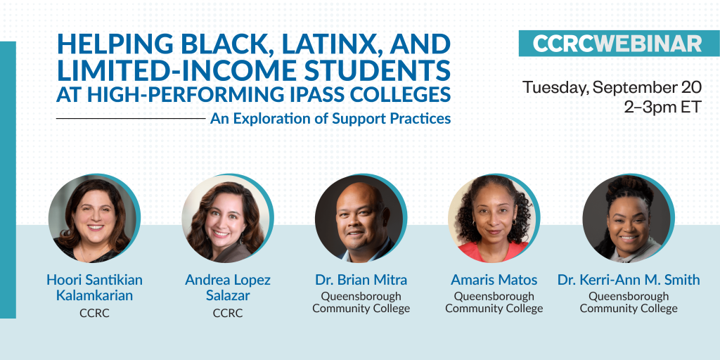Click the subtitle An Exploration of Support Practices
coord(330,118)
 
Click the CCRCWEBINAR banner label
coord(617,44)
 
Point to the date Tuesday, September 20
coord(612,87)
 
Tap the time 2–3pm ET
coord(662,107)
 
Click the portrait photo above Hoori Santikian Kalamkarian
coord(94,219)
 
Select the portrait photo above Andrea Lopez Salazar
coord(227,219)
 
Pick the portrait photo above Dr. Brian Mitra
coord(361,219)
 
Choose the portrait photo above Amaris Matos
coord(494,219)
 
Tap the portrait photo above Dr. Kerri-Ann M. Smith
coord(628,219)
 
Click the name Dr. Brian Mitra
coord(361,280)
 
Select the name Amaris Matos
coord(494,280)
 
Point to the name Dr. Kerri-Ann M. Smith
coord(629,280)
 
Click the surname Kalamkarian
coord(94,295)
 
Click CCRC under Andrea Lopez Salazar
coord(228,313)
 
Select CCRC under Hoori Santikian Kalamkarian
coord(94,313)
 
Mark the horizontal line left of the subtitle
coord(131,118)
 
